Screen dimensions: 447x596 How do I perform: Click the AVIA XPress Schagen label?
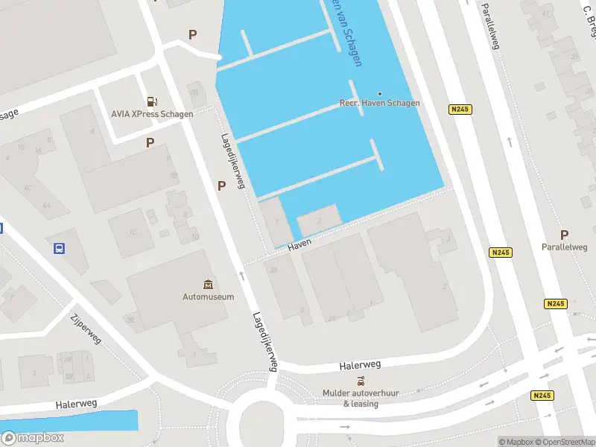[x=152, y=114]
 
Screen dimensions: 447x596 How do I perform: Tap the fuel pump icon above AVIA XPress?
[x=152, y=101]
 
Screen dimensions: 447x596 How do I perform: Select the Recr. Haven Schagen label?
[x=379, y=103]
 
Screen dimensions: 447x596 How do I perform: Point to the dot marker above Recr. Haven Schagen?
[x=380, y=93]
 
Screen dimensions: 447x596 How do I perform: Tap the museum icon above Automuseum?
[x=208, y=285]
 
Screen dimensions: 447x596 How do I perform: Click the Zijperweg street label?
[x=86, y=328]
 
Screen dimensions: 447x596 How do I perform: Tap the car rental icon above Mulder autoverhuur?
[x=361, y=381]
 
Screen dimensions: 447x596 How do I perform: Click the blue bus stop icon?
[x=59, y=248]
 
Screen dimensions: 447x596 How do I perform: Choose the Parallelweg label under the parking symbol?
[x=564, y=247]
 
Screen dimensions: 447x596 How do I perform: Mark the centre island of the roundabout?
[x=263, y=420]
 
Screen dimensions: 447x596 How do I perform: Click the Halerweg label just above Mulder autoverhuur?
[x=360, y=365]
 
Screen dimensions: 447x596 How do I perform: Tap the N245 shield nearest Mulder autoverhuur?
[x=542, y=396]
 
